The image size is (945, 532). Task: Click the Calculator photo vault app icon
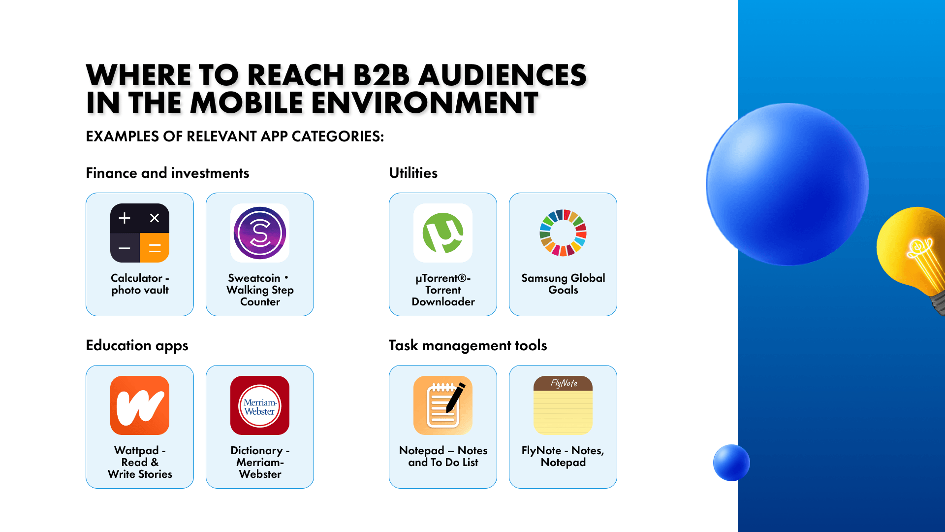[x=140, y=233]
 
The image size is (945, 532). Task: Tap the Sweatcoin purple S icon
[x=260, y=233]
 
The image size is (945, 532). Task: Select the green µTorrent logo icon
[x=443, y=233]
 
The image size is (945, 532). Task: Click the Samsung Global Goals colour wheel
[x=563, y=233]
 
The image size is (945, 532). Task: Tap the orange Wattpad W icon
[x=140, y=405]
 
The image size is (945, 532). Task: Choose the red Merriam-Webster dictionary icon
[x=260, y=405]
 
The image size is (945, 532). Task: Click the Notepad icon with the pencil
[x=443, y=405]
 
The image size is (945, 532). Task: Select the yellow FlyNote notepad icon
[x=563, y=405]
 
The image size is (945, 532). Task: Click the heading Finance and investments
[x=167, y=173]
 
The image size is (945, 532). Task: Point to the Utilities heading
[x=413, y=173]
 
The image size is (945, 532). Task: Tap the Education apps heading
[x=137, y=346]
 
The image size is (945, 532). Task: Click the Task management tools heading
[x=468, y=346]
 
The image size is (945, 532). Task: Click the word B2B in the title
[x=381, y=75]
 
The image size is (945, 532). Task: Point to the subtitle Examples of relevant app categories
[x=235, y=136]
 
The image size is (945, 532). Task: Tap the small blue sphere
[x=731, y=463]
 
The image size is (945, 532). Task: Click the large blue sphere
[x=787, y=184]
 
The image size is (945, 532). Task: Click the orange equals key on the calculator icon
[x=155, y=248]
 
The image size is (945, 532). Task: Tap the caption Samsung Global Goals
[x=563, y=284]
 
